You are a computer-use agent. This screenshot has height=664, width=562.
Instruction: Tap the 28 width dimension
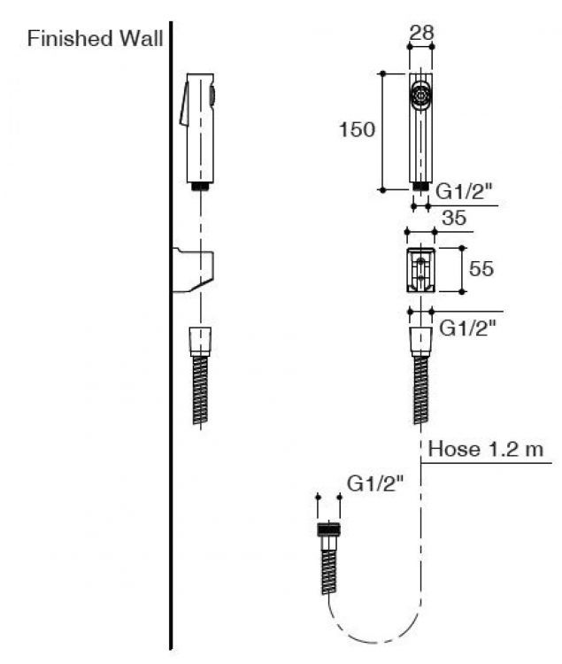420,34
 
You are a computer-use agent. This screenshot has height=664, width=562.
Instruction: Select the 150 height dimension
357,130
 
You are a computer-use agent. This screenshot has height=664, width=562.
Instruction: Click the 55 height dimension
481,268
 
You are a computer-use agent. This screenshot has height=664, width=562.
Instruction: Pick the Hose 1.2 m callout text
486,449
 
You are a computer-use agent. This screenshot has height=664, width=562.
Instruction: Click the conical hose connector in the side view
201,340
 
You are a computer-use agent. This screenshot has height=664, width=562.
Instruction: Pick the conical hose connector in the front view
420,340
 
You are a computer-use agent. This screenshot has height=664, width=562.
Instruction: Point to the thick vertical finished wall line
170,354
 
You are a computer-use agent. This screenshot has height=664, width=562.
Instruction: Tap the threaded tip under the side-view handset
202,186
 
